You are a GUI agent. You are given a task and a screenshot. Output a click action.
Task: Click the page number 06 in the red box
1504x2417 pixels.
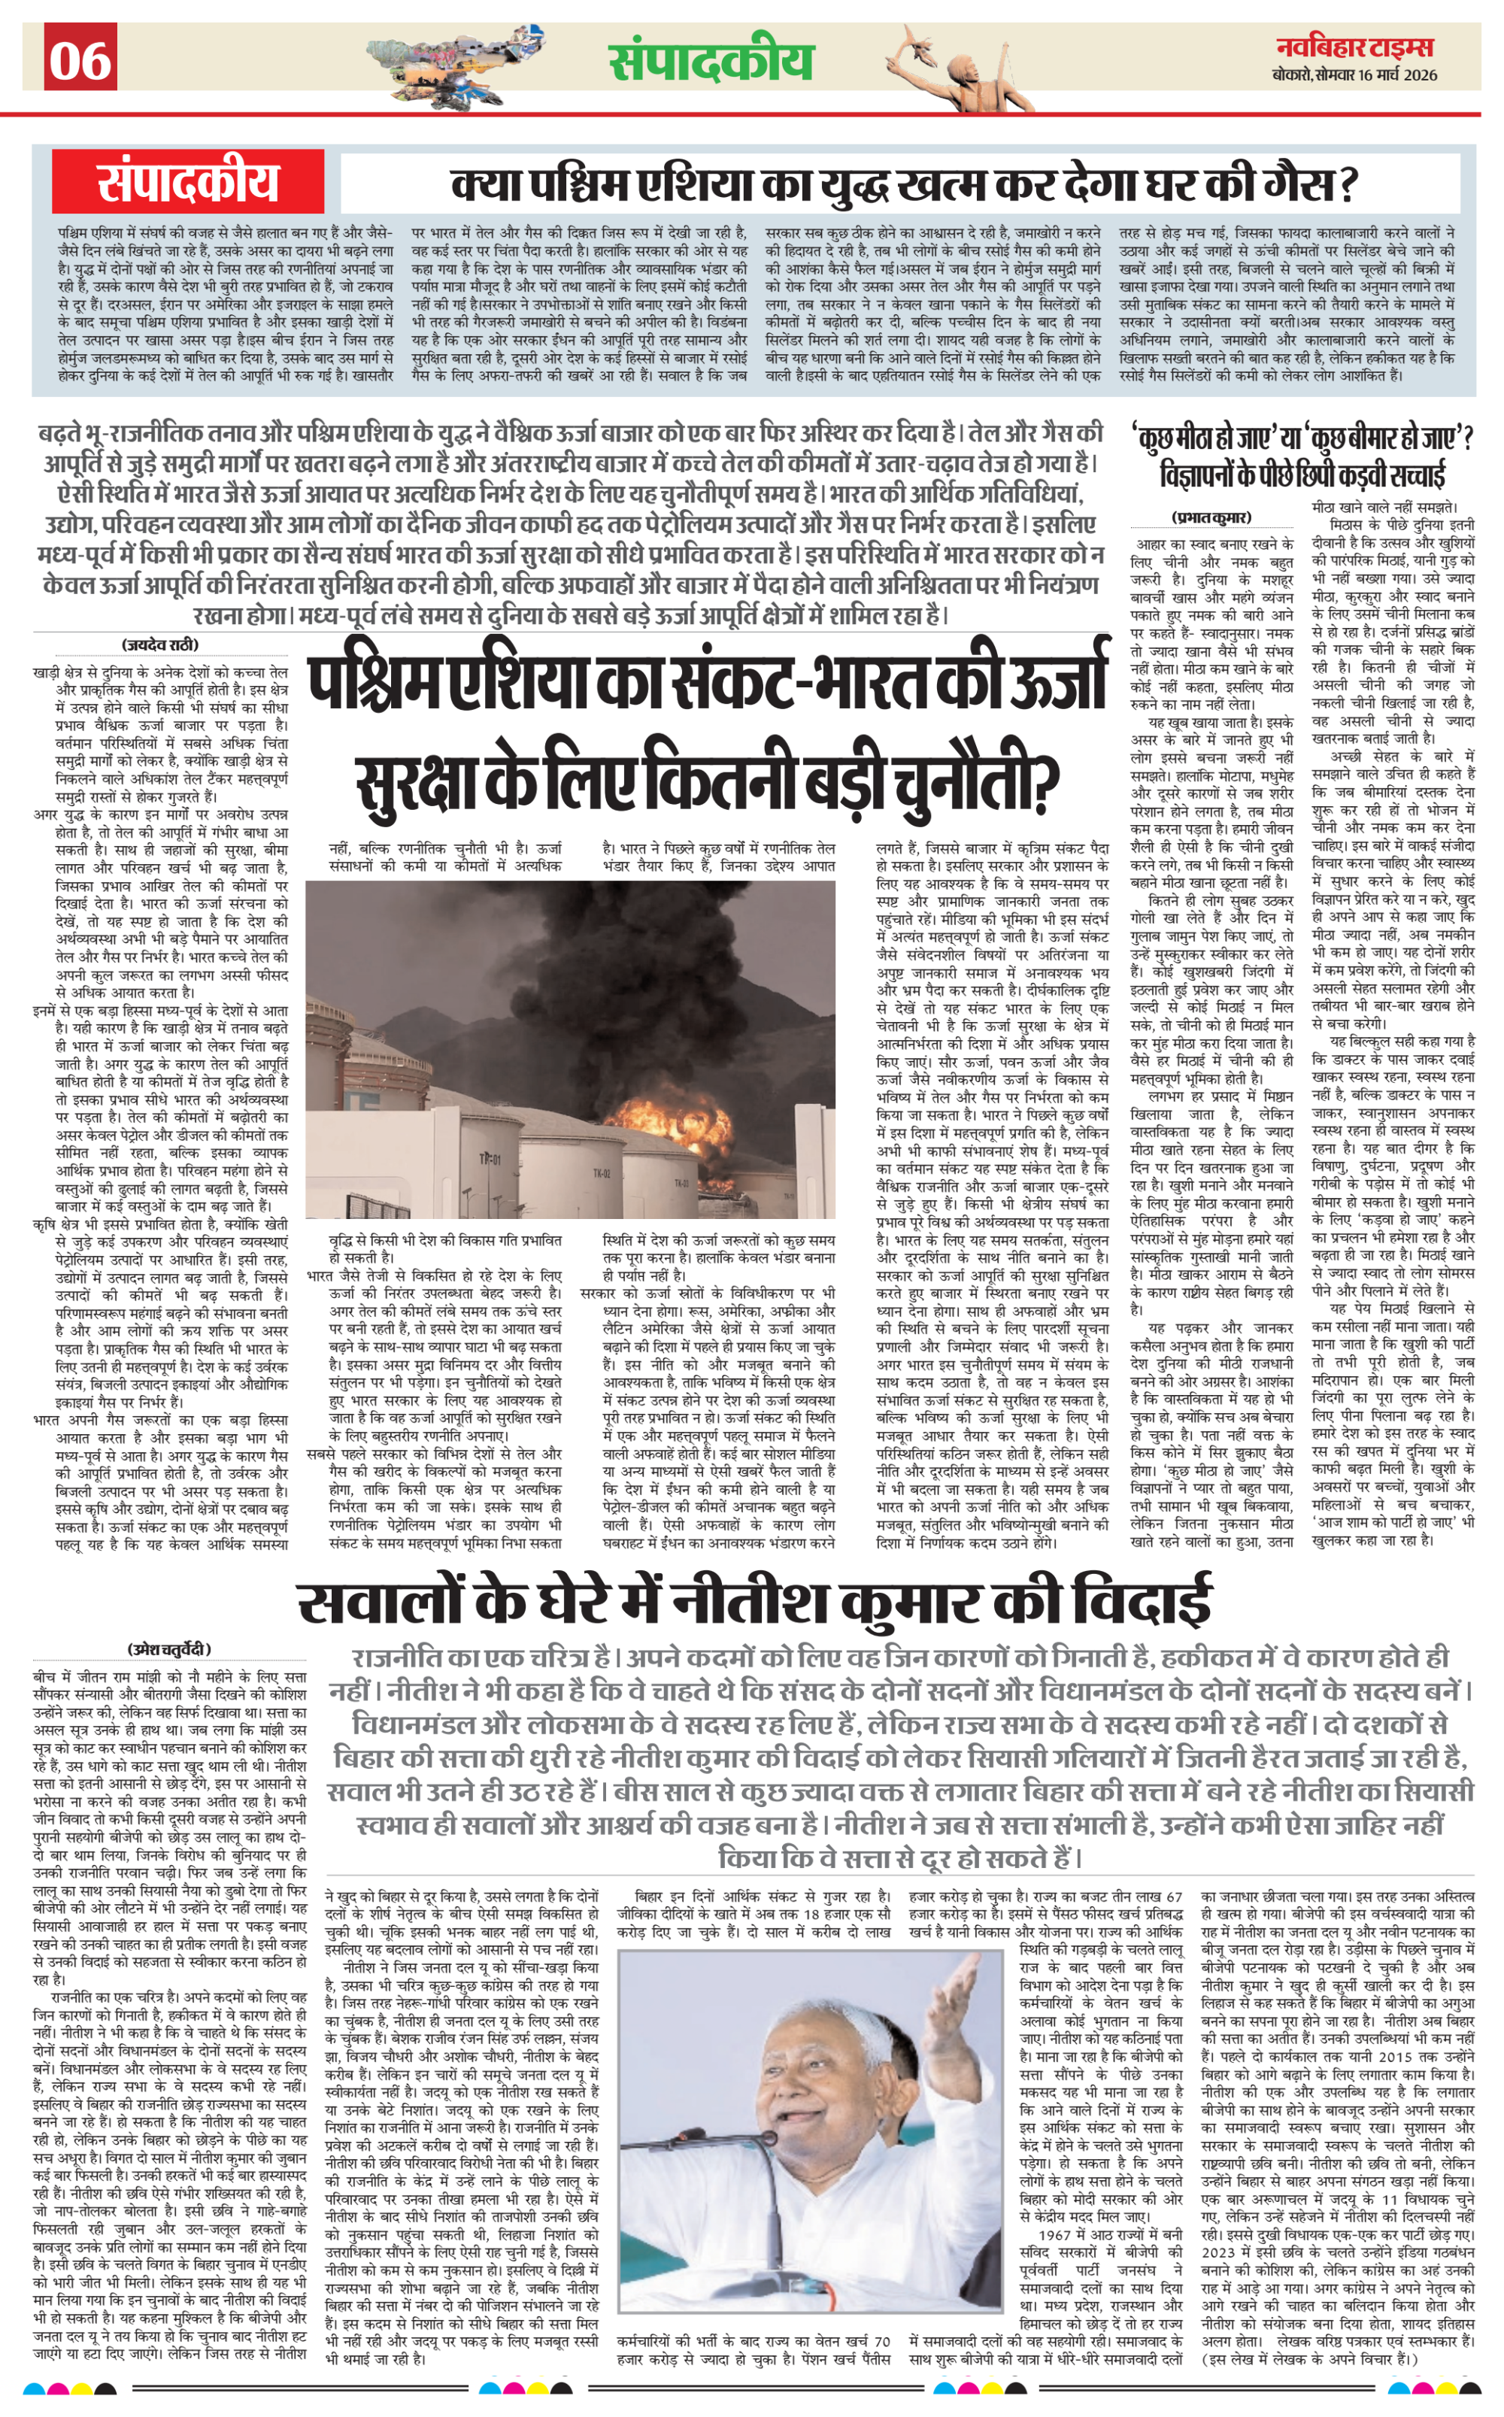click(x=80, y=59)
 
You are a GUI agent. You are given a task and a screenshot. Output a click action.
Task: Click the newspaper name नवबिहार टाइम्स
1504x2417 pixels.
click(x=1356, y=46)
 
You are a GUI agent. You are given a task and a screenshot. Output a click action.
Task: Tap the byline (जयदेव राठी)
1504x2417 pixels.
click(x=160, y=644)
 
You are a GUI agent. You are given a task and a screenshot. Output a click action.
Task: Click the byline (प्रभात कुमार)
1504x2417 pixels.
click(x=1211, y=517)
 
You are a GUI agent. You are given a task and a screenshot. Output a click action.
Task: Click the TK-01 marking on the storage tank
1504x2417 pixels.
click(x=490, y=1160)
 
